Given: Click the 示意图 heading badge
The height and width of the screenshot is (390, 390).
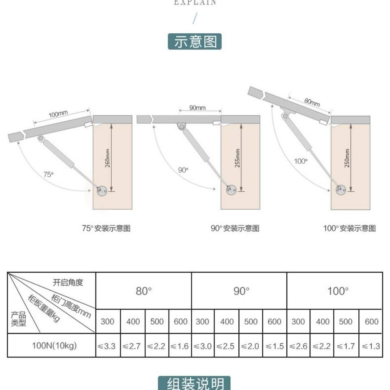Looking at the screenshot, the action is click(195, 41).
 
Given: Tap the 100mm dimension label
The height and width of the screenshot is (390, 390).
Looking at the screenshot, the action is click(58, 114).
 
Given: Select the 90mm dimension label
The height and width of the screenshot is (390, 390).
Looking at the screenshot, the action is click(197, 108).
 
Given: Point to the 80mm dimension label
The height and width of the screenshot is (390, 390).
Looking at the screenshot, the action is click(312, 102).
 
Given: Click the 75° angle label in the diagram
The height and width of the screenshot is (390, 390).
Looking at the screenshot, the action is click(48, 174).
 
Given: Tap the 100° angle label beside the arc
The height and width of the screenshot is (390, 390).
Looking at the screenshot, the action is click(301, 161).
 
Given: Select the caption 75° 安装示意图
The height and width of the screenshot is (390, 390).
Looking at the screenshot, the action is click(106, 228).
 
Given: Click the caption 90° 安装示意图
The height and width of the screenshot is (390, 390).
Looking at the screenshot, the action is click(235, 228).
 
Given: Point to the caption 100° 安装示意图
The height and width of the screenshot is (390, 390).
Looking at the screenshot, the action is click(349, 228).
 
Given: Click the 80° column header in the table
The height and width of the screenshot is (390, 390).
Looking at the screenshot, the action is click(143, 291).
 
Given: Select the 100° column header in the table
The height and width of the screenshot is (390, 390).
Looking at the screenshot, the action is click(338, 291).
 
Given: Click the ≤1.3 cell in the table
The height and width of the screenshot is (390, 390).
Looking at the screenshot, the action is click(370, 347).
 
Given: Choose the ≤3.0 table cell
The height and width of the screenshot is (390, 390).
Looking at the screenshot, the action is click(202, 347).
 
